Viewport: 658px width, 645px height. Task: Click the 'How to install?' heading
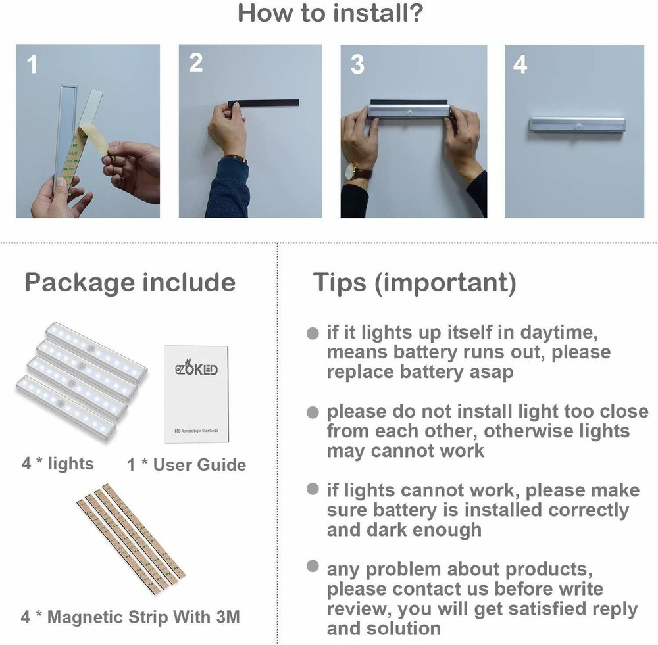329,13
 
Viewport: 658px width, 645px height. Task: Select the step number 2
196,63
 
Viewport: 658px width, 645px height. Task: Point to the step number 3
357,64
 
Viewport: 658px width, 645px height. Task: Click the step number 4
520,64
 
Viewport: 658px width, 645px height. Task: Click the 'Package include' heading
130,283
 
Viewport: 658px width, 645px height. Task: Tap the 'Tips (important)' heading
414,283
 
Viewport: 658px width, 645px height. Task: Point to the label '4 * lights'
57,464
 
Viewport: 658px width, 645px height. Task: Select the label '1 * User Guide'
186,465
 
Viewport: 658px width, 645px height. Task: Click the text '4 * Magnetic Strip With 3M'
130,617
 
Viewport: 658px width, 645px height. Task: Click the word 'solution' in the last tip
403,628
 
